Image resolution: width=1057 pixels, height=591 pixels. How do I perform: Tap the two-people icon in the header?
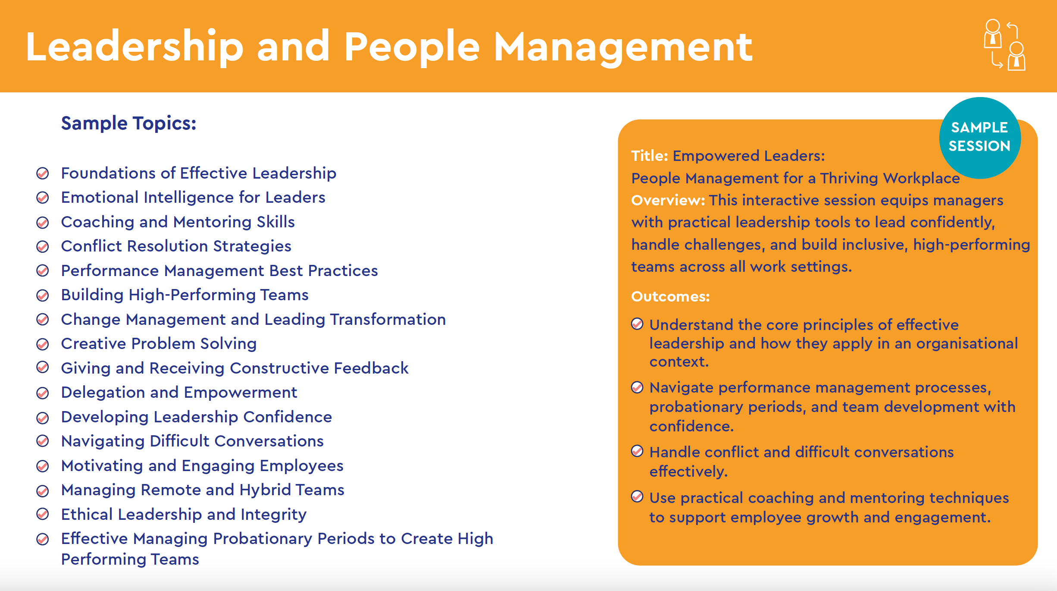click(1004, 44)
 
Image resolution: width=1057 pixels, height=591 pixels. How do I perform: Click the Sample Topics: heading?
click(128, 123)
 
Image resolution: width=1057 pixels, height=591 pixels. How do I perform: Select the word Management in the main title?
click(623, 47)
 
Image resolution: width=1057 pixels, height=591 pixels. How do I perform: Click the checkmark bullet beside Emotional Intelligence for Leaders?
click(42, 198)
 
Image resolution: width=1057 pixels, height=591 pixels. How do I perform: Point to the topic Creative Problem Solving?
click(159, 344)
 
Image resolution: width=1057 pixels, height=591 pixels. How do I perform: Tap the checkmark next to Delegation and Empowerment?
click(42, 393)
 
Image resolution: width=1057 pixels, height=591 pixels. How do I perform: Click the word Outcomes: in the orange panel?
click(670, 296)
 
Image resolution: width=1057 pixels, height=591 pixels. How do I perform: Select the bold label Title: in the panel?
click(649, 156)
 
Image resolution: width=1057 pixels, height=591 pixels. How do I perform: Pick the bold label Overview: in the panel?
click(668, 200)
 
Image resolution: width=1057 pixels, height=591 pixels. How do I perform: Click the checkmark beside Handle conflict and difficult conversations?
click(637, 451)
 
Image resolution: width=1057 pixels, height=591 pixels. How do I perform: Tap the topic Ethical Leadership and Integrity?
click(184, 515)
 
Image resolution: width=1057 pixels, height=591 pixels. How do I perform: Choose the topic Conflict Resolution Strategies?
click(176, 246)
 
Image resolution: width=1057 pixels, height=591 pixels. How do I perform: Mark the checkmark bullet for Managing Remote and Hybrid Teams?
click(42, 490)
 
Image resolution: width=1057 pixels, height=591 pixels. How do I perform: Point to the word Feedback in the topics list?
click(371, 368)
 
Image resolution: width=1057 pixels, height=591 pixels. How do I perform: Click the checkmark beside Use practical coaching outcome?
click(637, 497)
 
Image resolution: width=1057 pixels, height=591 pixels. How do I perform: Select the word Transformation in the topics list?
click(388, 320)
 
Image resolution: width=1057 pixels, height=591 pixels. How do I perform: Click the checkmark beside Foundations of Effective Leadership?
click(42, 173)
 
